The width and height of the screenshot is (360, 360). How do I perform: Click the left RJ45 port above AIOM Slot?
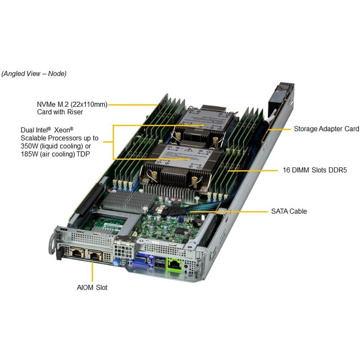[76, 255]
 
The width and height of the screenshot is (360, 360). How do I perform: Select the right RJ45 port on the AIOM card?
[95, 256]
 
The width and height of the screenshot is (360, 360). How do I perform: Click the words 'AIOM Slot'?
[91, 288]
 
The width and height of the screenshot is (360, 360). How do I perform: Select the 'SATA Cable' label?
[288, 211]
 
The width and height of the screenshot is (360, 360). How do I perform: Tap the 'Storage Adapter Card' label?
[326, 129]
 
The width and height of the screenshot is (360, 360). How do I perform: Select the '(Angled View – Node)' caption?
[34, 74]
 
